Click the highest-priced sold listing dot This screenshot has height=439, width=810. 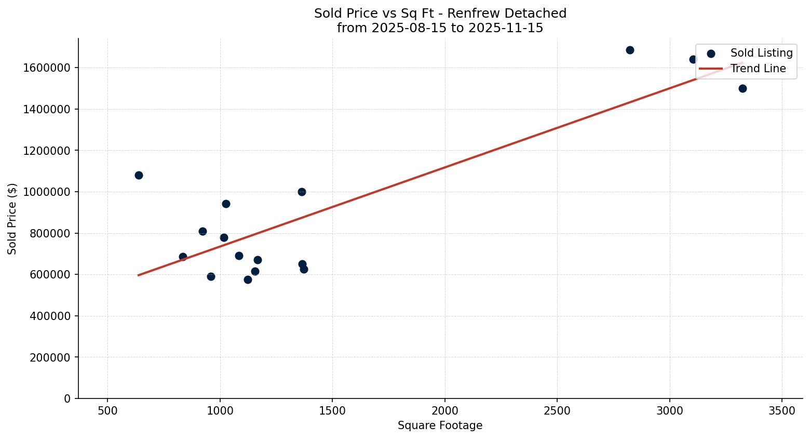tap(630, 50)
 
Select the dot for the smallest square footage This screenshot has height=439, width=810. tap(139, 176)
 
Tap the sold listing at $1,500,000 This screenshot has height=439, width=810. tap(743, 89)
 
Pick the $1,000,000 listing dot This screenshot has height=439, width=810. tap(302, 192)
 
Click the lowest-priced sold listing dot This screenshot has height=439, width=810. tap(248, 280)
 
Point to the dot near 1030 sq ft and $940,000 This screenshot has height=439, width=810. tap(226, 204)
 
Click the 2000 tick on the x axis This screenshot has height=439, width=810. tap(445, 411)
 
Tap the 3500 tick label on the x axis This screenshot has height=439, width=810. tap(782, 411)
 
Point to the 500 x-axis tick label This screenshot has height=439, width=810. tap(107, 411)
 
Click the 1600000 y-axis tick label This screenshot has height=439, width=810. tap(47, 68)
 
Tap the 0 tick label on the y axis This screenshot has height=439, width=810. tap(67, 398)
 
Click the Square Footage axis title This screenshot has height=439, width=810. tap(440, 426)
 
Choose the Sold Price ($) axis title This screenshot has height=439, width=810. tap(12, 219)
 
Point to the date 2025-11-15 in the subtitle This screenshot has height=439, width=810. tap(505, 28)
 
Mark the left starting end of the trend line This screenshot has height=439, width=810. tap(139, 275)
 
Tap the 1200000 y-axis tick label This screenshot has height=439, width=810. tap(47, 151)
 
